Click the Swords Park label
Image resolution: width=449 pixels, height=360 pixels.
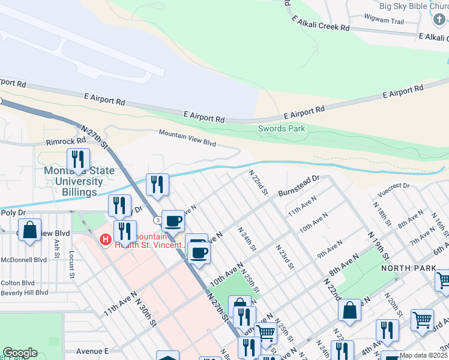[x=282, y=128]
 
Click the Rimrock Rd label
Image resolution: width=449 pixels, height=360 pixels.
[x=66, y=142]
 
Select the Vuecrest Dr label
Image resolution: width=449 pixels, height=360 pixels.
[x=393, y=190]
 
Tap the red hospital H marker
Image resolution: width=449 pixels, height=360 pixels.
[x=106, y=240]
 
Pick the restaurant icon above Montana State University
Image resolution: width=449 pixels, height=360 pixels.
[x=78, y=160]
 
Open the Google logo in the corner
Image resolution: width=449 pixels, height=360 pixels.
[x=20, y=353]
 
